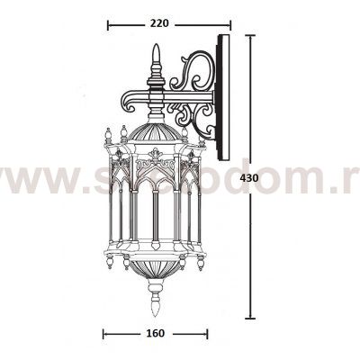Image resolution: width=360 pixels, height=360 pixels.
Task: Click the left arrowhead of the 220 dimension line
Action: [110, 25]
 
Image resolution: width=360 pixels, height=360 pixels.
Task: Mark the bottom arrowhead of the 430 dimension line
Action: [250, 317]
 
